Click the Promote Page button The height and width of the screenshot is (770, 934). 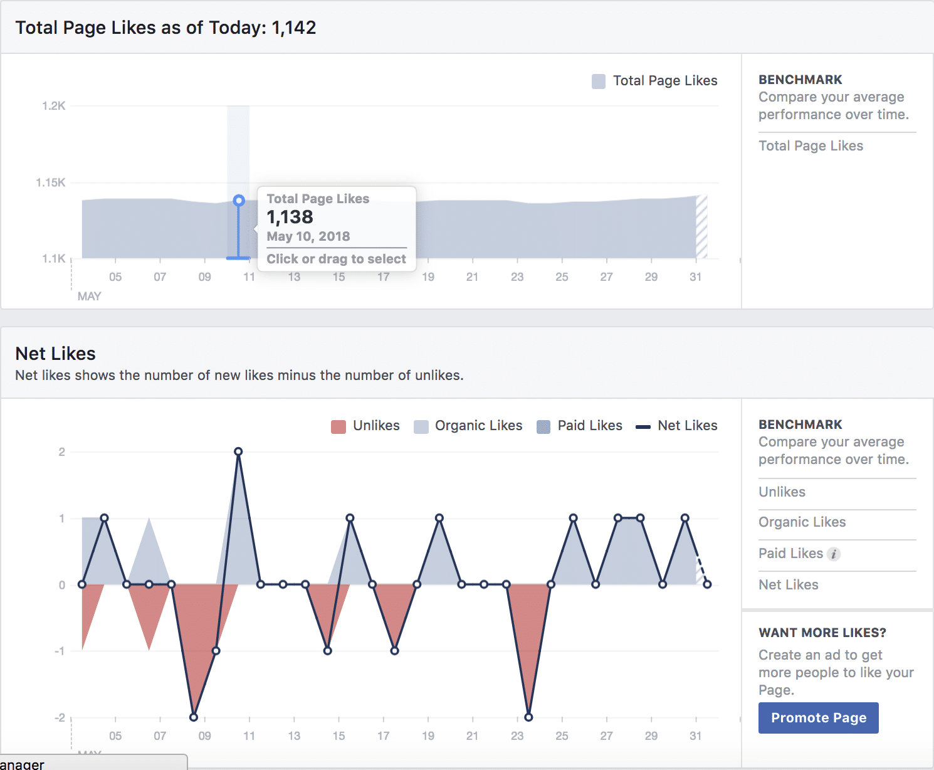point(818,718)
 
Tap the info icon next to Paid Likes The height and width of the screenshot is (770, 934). point(833,554)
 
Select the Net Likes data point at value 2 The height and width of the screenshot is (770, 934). point(238,451)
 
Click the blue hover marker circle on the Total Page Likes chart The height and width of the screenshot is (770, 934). point(238,201)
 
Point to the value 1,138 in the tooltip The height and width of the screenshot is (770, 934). point(290,217)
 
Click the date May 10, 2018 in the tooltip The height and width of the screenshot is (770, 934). point(308,236)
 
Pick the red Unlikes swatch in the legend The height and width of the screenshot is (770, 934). point(338,426)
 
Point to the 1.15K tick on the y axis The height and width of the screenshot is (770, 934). point(51,182)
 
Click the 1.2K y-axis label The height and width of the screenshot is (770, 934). point(54,106)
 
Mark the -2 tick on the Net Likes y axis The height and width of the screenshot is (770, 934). point(60,717)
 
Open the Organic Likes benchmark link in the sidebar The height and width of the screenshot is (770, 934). point(802,522)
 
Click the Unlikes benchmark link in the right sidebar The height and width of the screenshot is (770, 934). point(782,492)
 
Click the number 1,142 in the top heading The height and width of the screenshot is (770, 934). point(294,28)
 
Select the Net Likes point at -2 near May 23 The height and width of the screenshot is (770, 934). point(528,717)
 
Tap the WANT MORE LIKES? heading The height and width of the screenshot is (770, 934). point(822,633)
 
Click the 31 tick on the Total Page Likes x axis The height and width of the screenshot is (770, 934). point(695,277)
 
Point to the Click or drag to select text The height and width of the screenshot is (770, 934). point(336,259)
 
